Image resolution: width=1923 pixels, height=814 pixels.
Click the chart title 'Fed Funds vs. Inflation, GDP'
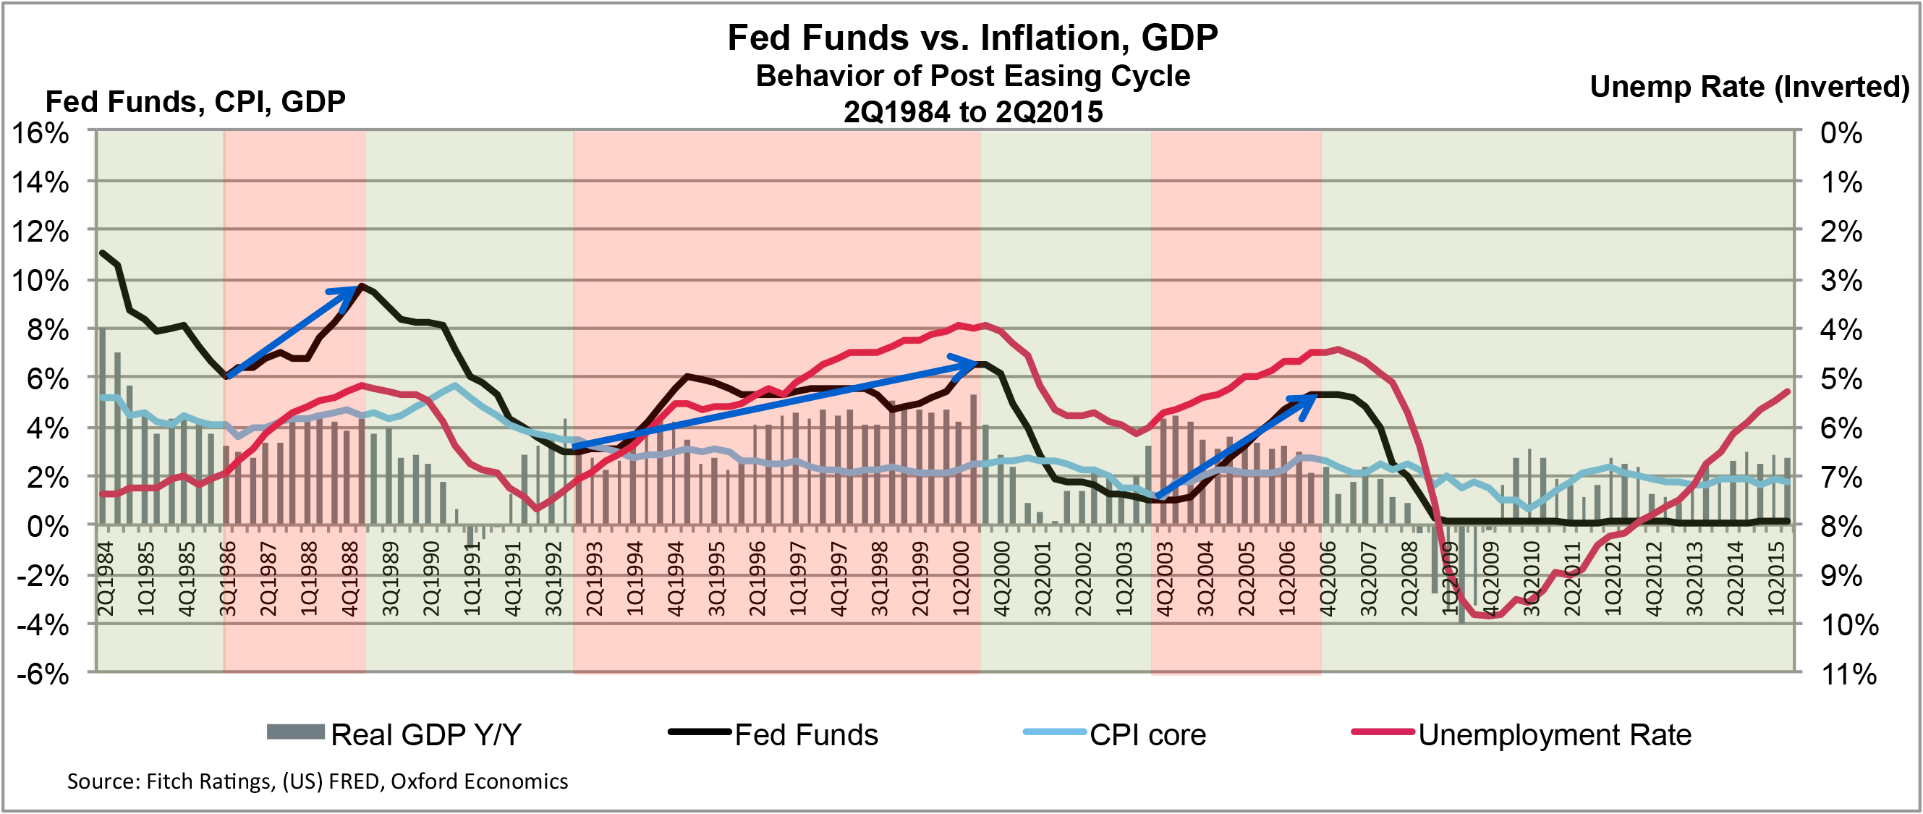pyautogui.click(x=972, y=38)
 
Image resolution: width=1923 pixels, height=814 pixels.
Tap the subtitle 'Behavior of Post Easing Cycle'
pyautogui.click(x=972, y=76)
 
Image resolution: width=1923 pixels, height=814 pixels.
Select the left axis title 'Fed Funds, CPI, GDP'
pyautogui.click(x=195, y=101)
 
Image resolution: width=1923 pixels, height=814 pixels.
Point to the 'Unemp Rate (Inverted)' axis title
pyautogui.click(x=1749, y=87)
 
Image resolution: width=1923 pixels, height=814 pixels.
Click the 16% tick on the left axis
pyautogui.click(x=41, y=133)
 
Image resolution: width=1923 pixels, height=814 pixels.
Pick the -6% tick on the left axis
pyautogui.click(x=43, y=674)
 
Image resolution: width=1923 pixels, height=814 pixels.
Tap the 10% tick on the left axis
pyautogui.click(x=41, y=281)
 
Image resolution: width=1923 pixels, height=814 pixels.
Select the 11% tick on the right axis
pyautogui.click(x=1848, y=674)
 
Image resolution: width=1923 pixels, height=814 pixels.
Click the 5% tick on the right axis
pyautogui.click(x=1841, y=379)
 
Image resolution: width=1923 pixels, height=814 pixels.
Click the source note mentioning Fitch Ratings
pyautogui.click(x=318, y=781)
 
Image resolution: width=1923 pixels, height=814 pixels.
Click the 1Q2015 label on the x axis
pyautogui.click(x=1777, y=579)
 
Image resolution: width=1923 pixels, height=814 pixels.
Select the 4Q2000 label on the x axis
pyautogui.click(x=1001, y=579)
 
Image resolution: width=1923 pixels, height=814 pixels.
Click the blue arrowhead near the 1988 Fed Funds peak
pyautogui.click(x=348, y=293)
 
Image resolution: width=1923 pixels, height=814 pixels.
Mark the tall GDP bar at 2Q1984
pyautogui.click(x=102, y=425)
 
